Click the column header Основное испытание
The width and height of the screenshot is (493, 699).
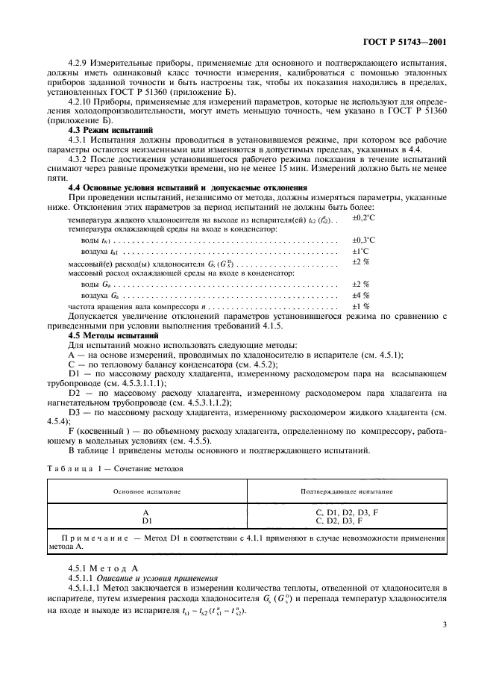pyautogui.click(x=146, y=492)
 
